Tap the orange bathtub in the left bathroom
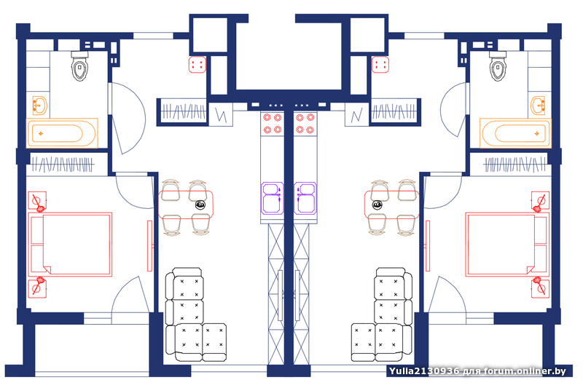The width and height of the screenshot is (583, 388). [x=63, y=134]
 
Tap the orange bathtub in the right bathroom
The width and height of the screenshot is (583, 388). [x=514, y=134]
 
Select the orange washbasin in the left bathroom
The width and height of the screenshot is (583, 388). [x=40, y=106]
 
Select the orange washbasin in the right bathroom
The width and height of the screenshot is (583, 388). [x=539, y=106]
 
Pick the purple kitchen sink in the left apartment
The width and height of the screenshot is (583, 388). [x=273, y=197]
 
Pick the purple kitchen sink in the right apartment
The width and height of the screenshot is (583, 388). [x=305, y=197]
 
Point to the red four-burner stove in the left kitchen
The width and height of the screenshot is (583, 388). [x=272, y=123]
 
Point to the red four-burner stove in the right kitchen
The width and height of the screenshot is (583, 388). [x=305, y=123]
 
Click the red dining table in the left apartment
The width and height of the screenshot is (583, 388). [x=186, y=204]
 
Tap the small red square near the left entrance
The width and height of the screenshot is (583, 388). [x=197, y=65]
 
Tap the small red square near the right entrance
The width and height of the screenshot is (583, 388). [x=380, y=65]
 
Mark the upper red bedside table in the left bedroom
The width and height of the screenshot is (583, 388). [x=37, y=200]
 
